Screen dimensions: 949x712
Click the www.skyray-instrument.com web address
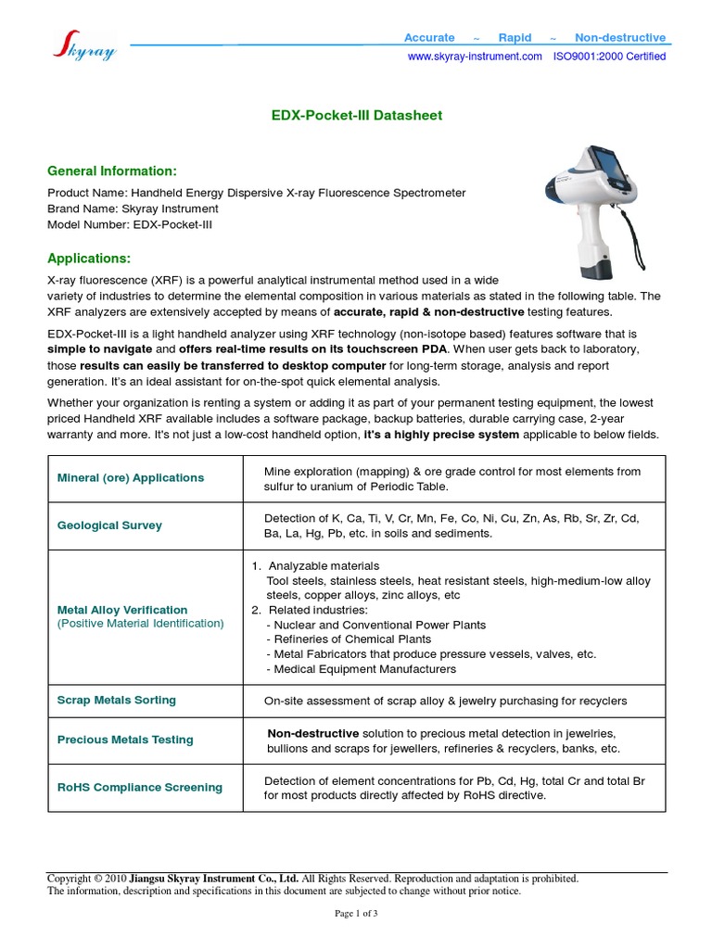pos(475,57)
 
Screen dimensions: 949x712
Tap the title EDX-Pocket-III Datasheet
pos(356,116)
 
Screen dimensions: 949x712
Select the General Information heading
pos(111,171)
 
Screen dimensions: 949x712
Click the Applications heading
pos(89,257)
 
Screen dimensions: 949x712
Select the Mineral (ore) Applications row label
pos(130,478)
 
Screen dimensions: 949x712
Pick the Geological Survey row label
pos(109,525)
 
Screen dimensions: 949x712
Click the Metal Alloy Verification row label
pos(122,610)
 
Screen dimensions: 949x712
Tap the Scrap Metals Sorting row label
pos(116,700)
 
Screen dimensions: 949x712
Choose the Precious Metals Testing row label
pos(125,740)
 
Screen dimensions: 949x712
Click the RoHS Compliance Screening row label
pos(139,787)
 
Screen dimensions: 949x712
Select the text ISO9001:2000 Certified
pos(609,57)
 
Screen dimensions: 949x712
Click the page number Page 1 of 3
pos(356,913)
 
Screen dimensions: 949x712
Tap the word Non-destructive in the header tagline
pos(619,38)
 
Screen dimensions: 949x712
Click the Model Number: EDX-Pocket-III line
pos(130,224)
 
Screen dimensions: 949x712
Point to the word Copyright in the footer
pos(70,879)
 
